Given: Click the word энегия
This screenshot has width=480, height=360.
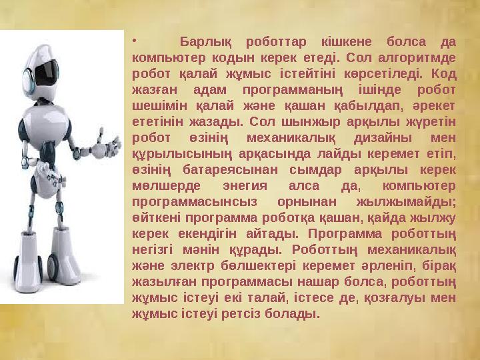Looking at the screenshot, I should click(261, 185).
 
